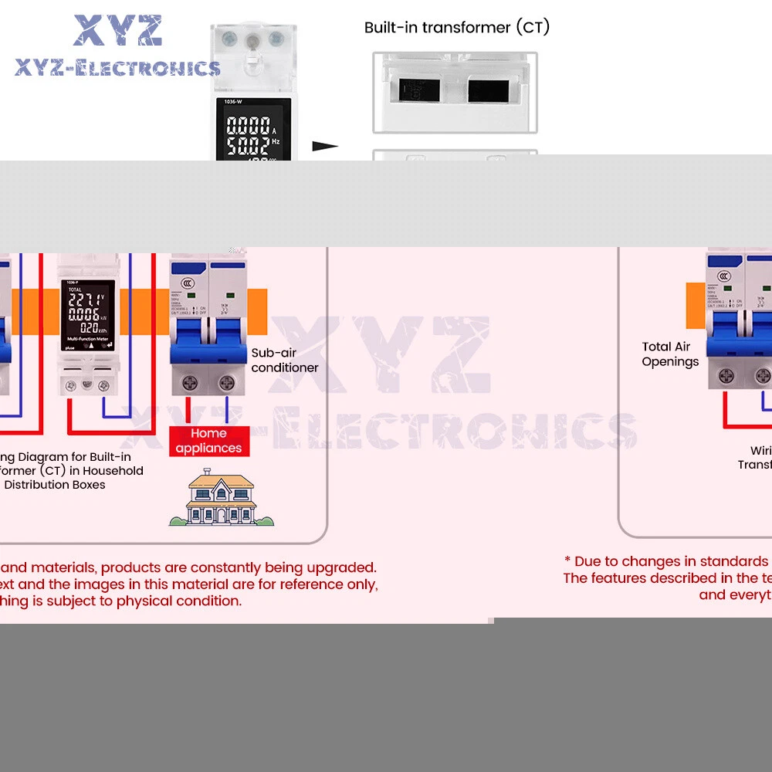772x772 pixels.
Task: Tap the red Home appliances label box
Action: point(208,441)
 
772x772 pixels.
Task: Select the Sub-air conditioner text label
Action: point(284,360)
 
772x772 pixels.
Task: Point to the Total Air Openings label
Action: point(669,354)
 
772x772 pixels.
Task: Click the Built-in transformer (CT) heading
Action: point(457,28)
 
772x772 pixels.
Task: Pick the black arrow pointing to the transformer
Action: point(325,146)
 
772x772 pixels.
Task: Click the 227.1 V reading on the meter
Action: point(84,300)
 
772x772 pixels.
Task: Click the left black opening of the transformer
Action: point(418,90)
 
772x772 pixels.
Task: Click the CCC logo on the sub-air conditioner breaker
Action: point(185,278)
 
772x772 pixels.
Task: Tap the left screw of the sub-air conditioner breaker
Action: point(188,381)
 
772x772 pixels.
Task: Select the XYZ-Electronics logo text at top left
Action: point(117,68)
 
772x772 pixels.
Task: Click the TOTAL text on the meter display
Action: point(75,289)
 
